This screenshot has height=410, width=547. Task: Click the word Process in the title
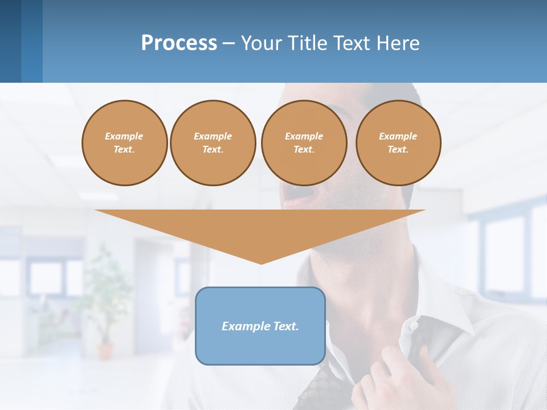point(179,43)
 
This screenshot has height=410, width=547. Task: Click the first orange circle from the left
point(124,143)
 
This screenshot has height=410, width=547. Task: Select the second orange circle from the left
point(213,143)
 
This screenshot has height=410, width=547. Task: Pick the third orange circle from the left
point(304,143)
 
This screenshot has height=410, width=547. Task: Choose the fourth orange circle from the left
point(398,143)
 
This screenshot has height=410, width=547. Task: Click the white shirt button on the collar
point(414,325)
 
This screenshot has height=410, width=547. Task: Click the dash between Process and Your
point(228,43)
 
